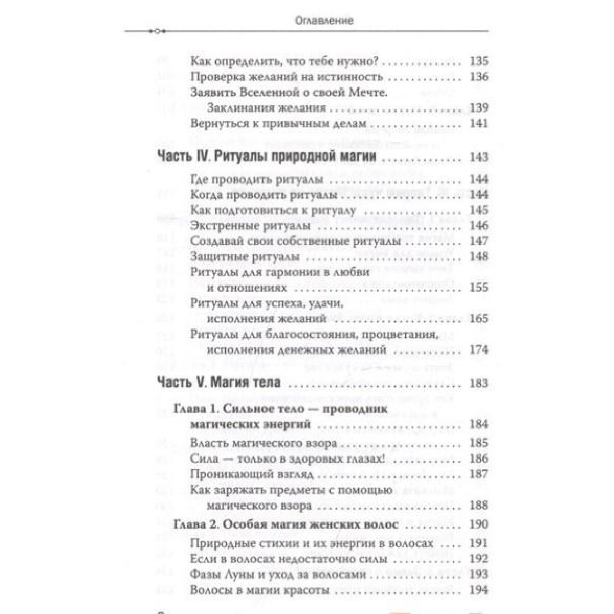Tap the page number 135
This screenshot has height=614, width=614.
[x=478, y=62]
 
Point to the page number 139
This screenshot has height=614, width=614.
[x=478, y=108]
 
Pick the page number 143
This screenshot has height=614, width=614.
[x=478, y=157]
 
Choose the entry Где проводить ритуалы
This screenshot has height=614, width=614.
[x=256, y=180]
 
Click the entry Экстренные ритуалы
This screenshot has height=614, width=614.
[x=250, y=226]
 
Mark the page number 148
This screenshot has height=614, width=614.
[x=478, y=256]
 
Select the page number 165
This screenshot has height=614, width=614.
[x=478, y=319]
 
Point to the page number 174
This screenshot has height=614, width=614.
[x=478, y=350]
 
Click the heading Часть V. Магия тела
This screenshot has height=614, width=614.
[x=217, y=383]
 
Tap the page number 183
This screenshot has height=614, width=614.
[x=478, y=383]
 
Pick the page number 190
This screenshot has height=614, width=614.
[x=478, y=525]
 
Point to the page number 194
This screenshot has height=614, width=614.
[x=478, y=590]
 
